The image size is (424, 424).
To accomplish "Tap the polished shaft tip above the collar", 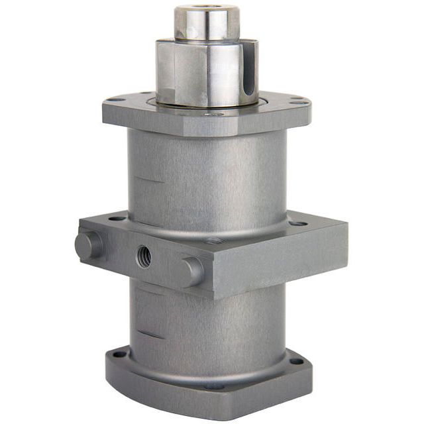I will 206,24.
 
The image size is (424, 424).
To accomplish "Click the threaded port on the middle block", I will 144,256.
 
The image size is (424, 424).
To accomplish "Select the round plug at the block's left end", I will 87,245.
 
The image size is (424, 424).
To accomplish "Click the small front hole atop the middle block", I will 213,240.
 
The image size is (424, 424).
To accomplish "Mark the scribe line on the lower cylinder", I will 149,335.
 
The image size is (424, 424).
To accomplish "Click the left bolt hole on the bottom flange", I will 119,354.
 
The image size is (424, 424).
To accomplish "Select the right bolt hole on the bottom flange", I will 296,361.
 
